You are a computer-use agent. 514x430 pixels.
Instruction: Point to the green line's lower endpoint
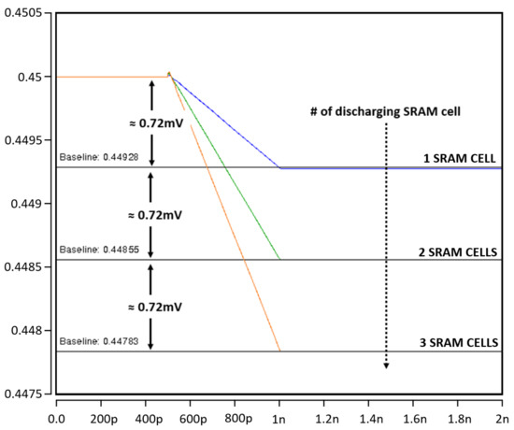[x=280, y=259]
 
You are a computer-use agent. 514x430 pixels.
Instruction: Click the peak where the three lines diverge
[x=169, y=73]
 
